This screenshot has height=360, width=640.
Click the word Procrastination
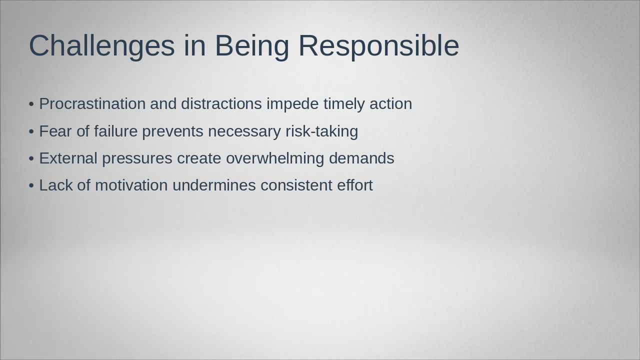pyautogui.click(x=92, y=103)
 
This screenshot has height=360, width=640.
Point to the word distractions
pyautogui.click(x=221, y=103)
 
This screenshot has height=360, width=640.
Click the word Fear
pyautogui.click(x=55, y=131)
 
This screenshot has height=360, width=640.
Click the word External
pyautogui.click(x=68, y=158)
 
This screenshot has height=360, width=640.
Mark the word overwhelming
pyautogui.click(x=275, y=159)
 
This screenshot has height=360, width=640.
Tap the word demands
pyautogui.click(x=361, y=158)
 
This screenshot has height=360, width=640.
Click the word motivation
pyautogui.click(x=131, y=185)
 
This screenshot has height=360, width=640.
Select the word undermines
pyautogui.click(x=214, y=185)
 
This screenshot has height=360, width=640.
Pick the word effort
pyautogui.click(x=355, y=185)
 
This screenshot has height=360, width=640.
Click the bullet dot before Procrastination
pyautogui.click(x=31, y=104)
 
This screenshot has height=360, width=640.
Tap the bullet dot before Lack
pyautogui.click(x=31, y=185)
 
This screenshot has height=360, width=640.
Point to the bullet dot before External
pyautogui.click(x=31, y=159)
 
